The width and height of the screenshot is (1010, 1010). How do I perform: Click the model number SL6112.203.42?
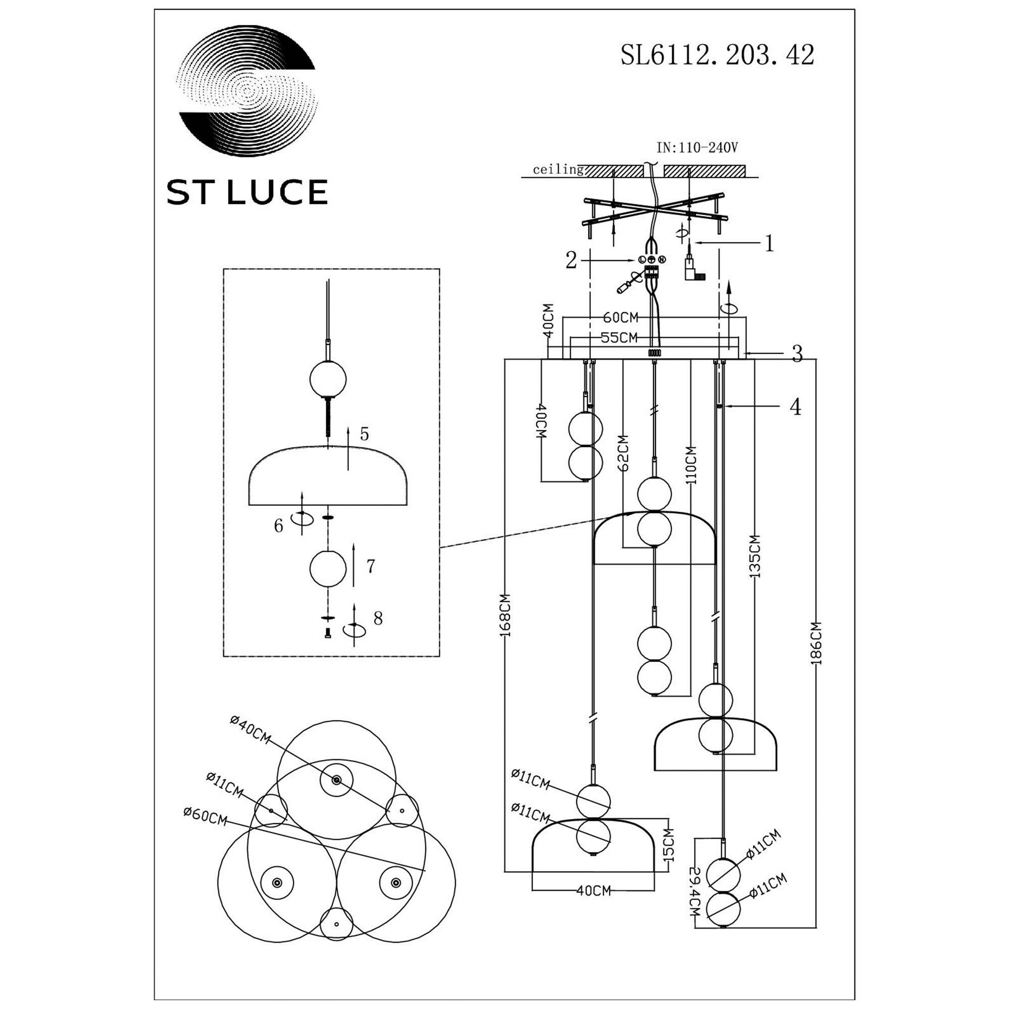click(717, 55)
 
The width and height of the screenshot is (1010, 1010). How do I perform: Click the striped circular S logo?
click(247, 90)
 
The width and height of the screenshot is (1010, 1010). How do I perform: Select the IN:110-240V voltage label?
click(697, 148)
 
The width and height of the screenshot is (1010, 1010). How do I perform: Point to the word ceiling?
click(558, 169)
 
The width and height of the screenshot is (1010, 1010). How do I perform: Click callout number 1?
click(769, 243)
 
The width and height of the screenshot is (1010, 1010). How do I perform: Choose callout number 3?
click(797, 354)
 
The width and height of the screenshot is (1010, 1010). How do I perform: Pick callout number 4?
click(795, 406)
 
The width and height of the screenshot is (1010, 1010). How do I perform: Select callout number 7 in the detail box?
click(370, 566)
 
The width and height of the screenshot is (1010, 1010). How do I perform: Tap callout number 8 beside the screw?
click(378, 618)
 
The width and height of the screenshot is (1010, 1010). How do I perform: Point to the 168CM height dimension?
click(505, 615)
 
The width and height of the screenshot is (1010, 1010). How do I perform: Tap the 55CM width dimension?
click(619, 338)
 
